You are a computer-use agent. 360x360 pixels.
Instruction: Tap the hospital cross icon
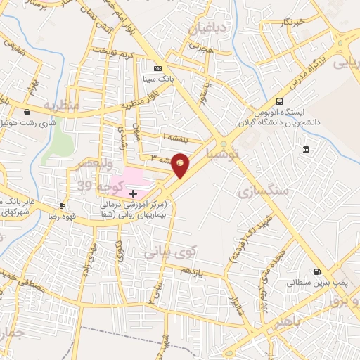133,193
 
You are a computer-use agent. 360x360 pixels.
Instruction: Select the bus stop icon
280,101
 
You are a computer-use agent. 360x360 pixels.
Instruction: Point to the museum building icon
306,149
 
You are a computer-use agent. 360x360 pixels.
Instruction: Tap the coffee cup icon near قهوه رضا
62,205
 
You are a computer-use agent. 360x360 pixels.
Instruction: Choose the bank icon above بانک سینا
157,68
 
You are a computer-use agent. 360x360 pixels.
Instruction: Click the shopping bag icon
27,112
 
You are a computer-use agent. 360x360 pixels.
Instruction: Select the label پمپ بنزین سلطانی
314,283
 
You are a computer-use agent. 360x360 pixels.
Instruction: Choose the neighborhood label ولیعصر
87,163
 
